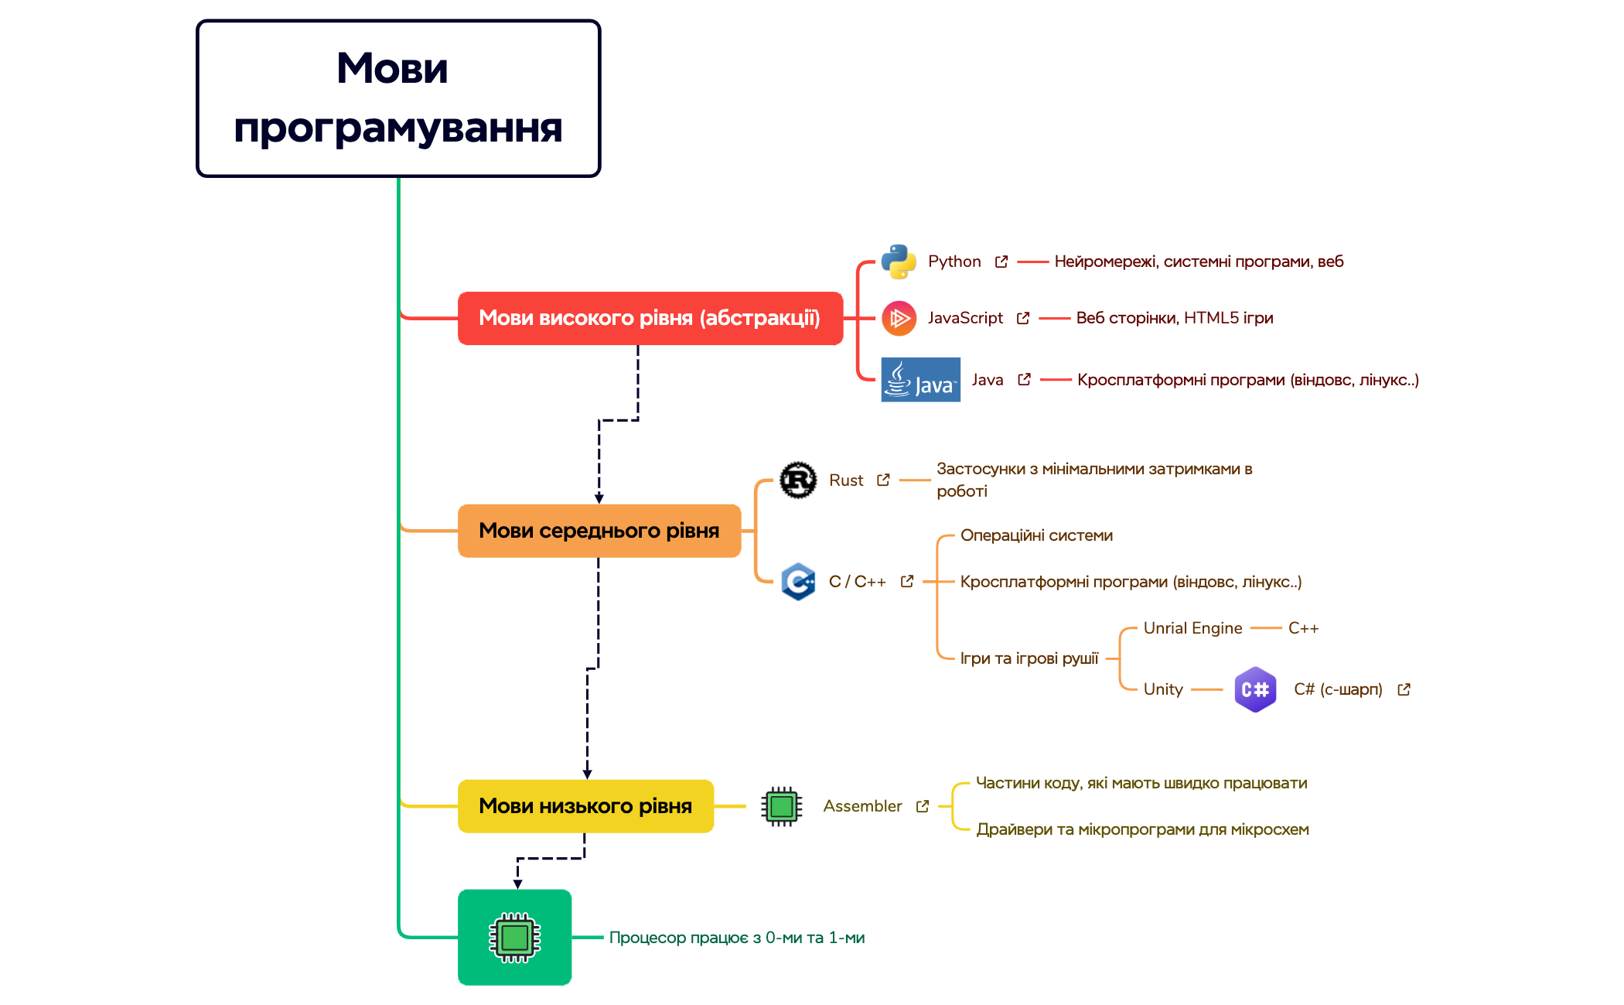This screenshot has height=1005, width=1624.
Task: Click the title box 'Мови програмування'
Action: point(398,98)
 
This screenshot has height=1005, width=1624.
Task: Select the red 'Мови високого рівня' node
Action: point(650,318)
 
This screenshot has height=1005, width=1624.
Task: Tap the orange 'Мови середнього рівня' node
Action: point(599,531)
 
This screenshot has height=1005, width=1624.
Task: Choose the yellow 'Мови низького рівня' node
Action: point(585,806)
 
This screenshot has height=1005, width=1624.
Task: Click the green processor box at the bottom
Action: point(514,937)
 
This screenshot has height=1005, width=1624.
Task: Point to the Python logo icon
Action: point(899,262)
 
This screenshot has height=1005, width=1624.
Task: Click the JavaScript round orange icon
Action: point(899,318)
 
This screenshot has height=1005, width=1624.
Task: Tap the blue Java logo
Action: point(920,380)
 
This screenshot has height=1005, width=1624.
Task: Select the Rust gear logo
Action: point(798,480)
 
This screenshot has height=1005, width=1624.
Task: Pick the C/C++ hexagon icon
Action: point(798,582)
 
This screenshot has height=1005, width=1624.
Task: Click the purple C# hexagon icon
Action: point(1255,689)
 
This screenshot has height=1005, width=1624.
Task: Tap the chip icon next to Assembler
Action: point(781,806)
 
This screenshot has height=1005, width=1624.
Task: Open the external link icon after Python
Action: point(1001,262)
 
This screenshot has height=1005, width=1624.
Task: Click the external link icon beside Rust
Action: point(883,480)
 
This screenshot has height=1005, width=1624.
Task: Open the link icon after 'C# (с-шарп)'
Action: point(1404,689)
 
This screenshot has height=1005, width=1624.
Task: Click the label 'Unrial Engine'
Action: point(1192,628)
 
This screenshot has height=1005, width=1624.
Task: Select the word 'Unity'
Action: point(1163,689)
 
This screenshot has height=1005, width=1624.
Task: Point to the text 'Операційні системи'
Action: point(1036,535)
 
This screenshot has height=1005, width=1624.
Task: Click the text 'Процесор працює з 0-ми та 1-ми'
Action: point(736,938)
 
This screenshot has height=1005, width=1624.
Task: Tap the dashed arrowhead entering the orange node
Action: point(599,499)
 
